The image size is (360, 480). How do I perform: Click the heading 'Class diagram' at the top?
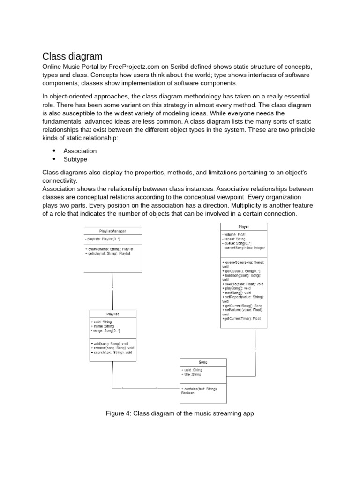(x=72, y=57)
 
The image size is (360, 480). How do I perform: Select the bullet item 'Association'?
(x=80, y=151)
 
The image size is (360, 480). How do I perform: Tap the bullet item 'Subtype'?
(x=75, y=159)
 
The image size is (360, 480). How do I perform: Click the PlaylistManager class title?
(x=112, y=231)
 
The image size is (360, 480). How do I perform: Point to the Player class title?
(x=244, y=227)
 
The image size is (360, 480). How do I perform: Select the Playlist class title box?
(x=112, y=314)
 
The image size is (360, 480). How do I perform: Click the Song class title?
(x=203, y=363)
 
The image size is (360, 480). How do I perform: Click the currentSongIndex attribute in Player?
(x=243, y=247)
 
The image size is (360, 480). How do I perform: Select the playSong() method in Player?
(x=238, y=288)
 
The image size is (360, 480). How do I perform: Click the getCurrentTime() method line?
(x=241, y=318)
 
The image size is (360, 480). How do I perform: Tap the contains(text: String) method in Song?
(x=200, y=389)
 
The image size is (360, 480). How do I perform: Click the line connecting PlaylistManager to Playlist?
(x=112, y=291)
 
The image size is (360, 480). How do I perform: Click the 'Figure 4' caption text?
(x=180, y=413)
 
